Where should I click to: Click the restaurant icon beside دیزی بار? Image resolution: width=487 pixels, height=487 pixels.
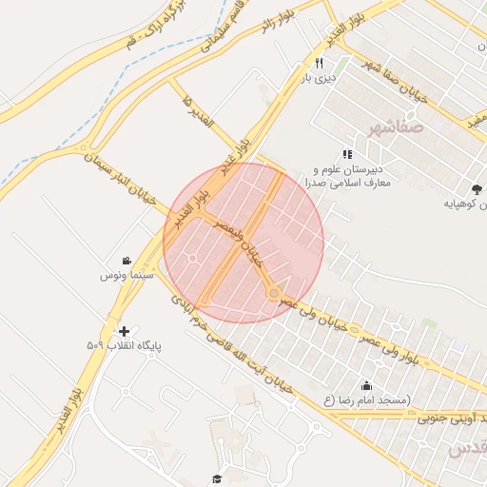(x=306, y=63)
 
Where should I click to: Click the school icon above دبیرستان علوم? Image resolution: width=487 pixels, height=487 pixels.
(x=347, y=153)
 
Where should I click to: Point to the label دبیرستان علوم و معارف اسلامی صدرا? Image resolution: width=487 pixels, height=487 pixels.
(x=342, y=176)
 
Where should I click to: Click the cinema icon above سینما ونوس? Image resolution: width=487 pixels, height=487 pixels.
(x=127, y=261)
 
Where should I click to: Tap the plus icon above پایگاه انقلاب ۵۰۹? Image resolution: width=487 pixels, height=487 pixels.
(x=124, y=331)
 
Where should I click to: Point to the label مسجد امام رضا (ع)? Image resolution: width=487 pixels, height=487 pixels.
(x=366, y=400)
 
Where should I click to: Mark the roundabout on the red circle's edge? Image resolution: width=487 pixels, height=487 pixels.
(x=275, y=295)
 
